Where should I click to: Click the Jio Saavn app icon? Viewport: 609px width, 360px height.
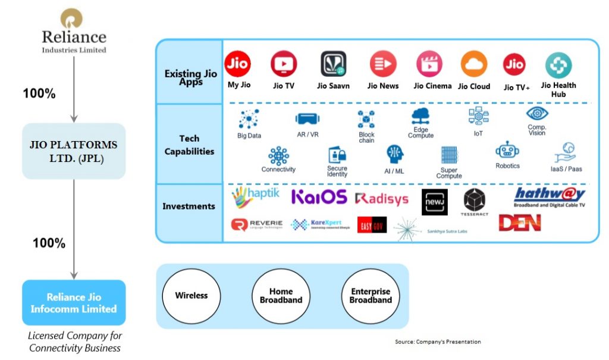[x=333, y=64]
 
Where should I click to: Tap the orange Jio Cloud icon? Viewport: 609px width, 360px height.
[x=473, y=64]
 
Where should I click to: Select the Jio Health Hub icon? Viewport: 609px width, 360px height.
[x=558, y=65]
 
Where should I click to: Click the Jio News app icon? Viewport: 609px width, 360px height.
[x=383, y=64]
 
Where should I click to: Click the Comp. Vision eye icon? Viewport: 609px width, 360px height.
[x=537, y=114]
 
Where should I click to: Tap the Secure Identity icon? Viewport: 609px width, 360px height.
[x=337, y=155]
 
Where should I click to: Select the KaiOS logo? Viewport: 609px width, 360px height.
[x=319, y=198]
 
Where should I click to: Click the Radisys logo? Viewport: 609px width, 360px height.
[x=381, y=199]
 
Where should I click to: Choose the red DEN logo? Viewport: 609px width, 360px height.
[x=519, y=223]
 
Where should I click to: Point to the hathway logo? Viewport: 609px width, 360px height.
[x=550, y=195]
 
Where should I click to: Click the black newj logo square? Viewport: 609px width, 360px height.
[x=435, y=202]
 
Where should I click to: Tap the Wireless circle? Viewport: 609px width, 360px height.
[x=191, y=296]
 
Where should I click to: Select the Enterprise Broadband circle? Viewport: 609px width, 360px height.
[x=371, y=296]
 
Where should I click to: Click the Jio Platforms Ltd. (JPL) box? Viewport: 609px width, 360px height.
[x=74, y=151]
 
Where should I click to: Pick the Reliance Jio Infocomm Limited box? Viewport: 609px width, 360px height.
[x=74, y=303]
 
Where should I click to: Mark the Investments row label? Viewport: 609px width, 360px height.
[x=189, y=206]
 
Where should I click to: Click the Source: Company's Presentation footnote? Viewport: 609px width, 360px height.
[x=438, y=342]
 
